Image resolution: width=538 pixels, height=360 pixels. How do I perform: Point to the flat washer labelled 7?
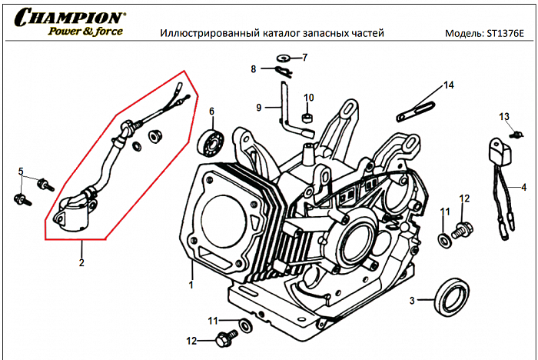[x=284, y=58]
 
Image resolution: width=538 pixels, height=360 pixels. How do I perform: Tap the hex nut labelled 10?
[x=306, y=118]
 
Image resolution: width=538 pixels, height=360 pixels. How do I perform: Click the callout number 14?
[x=448, y=85]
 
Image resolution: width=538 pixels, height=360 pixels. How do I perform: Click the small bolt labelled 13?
[x=516, y=135]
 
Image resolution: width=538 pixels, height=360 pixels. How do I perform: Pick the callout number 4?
[x=523, y=187]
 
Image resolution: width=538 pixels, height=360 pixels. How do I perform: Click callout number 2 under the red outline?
[x=81, y=262]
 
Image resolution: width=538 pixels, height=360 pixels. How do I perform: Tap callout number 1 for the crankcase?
[x=190, y=285]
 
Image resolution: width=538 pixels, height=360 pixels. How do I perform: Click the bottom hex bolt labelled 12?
[x=226, y=337]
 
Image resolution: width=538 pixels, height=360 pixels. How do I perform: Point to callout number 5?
[x=21, y=171]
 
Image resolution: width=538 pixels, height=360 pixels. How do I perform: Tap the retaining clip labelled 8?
[x=283, y=72]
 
